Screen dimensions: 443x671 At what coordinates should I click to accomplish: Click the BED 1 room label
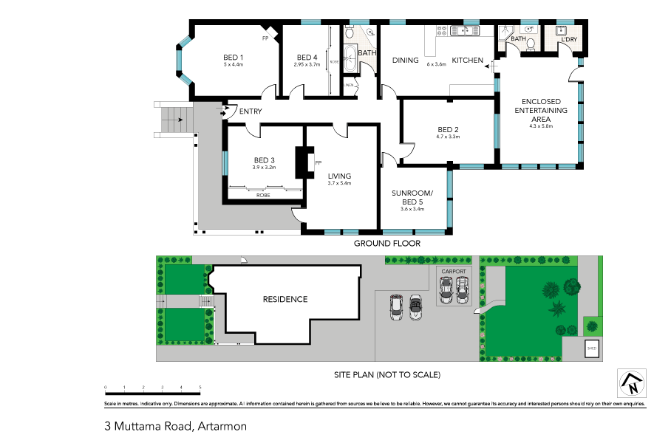(234, 57)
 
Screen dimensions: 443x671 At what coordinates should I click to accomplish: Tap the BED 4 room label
(307, 58)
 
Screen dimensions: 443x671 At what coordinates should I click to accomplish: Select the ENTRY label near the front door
(251, 111)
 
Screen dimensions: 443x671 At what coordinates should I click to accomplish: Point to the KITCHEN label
(468, 61)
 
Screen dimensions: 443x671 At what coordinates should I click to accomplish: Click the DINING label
(405, 61)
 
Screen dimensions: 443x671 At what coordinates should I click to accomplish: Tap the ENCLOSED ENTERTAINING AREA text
(545, 110)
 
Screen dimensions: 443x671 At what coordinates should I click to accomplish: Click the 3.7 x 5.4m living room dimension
(339, 183)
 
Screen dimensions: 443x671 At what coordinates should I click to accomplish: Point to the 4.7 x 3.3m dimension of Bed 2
(449, 137)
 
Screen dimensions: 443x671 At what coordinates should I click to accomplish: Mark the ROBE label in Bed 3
(263, 196)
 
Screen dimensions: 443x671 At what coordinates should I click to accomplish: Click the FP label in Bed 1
(265, 38)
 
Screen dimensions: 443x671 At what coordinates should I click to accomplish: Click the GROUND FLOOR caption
(386, 243)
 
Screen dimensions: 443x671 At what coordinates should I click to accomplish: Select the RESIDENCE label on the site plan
(285, 299)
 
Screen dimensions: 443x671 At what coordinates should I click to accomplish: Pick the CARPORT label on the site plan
(454, 272)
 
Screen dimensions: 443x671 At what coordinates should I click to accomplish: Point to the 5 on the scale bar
(200, 387)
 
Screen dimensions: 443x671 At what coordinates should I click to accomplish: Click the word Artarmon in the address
(220, 426)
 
